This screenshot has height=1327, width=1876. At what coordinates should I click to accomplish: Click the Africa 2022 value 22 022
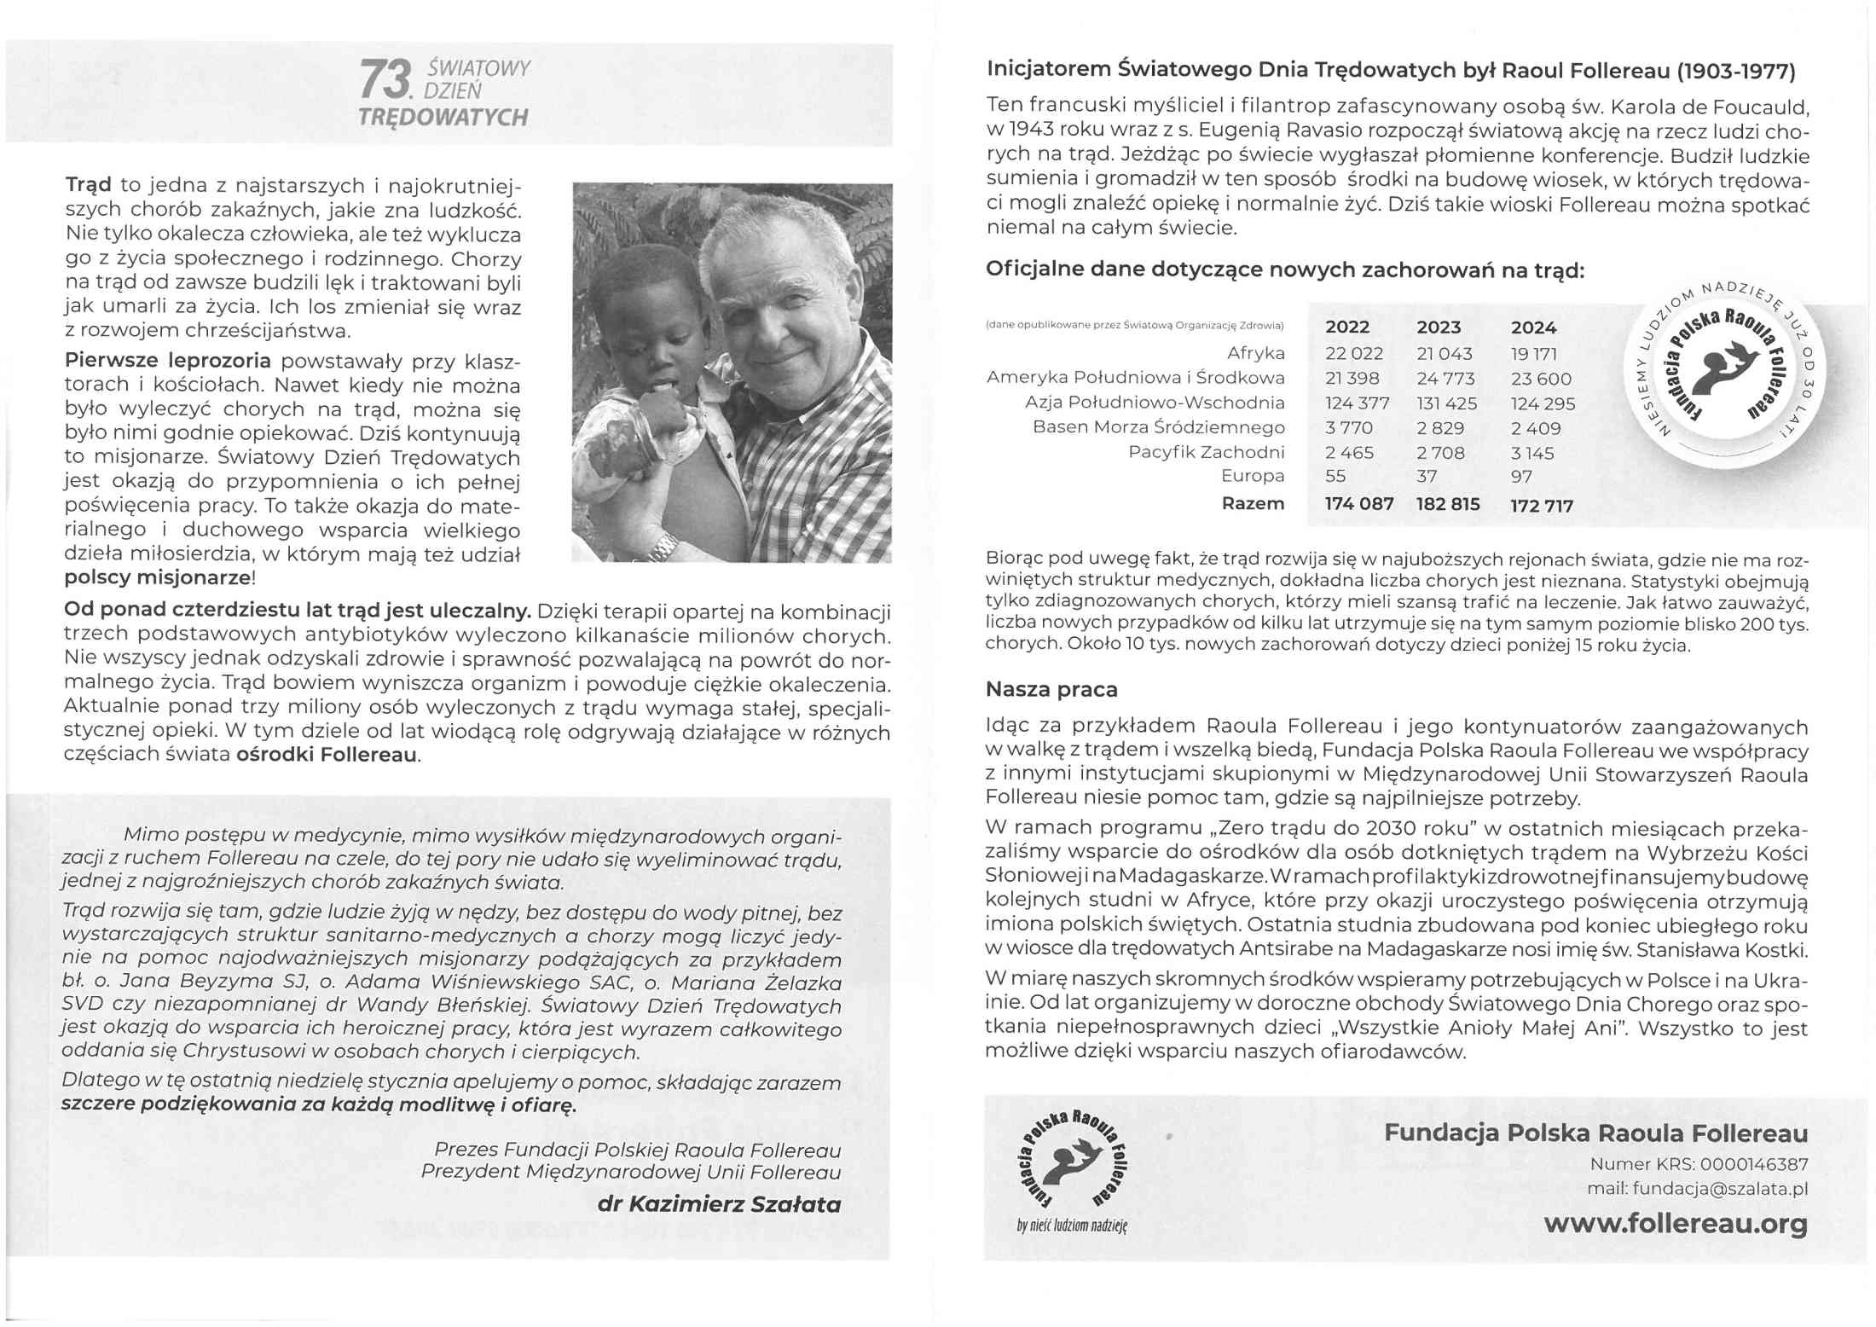(1354, 354)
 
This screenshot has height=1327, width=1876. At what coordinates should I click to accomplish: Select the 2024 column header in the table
(1533, 327)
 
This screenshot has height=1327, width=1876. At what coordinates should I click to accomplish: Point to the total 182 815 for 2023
(1448, 504)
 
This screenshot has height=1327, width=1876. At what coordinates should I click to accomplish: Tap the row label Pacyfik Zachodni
(1206, 452)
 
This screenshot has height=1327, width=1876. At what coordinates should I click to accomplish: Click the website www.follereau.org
(1675, 1224)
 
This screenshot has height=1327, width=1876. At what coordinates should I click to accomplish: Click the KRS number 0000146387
(1753, 1164)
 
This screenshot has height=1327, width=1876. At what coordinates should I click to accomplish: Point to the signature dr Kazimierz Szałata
(719, 1204)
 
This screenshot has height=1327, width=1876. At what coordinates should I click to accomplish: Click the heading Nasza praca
(1051, 689)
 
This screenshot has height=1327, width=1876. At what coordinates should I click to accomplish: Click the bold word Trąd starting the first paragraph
(88, 185)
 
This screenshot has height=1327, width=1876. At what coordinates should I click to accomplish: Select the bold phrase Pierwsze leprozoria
(168, 360)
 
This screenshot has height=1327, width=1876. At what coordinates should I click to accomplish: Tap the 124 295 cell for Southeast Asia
(1543, 403)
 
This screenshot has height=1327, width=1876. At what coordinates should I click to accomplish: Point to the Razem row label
(1253, 504)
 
